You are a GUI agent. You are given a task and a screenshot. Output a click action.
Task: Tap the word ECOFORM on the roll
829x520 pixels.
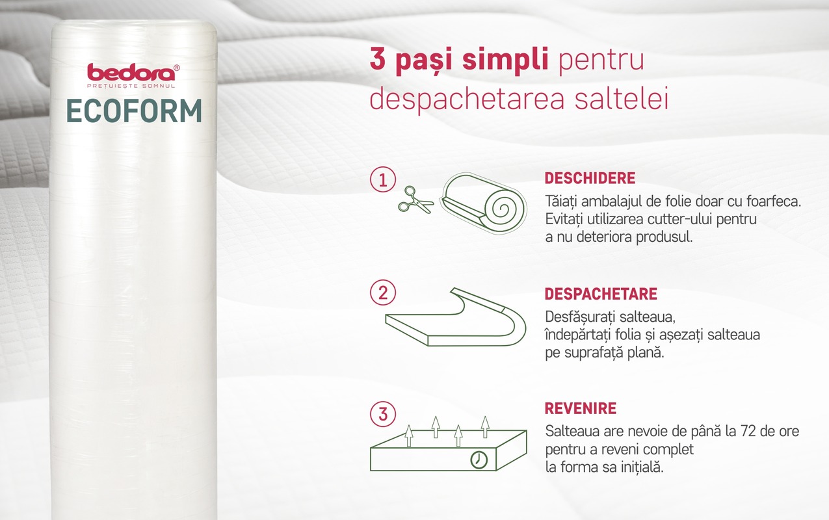coord(134,111)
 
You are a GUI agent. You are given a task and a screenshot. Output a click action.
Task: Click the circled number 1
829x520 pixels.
coord(383,179)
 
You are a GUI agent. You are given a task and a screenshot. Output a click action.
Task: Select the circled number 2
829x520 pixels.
coord(383,292)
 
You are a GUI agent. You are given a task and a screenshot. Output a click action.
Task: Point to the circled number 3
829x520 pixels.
coord(383,414)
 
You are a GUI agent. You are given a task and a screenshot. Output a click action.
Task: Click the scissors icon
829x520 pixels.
coord(415,200)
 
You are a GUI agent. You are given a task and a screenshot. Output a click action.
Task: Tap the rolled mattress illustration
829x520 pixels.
coord(483,203)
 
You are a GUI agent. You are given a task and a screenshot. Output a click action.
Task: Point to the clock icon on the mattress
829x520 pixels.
coord(479,460)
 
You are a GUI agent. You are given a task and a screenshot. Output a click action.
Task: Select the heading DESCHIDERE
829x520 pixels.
coord(590,178)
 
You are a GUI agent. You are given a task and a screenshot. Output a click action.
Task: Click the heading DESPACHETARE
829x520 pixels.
coord(601,294)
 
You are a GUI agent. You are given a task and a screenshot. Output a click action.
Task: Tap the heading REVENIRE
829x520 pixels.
coord(580,409)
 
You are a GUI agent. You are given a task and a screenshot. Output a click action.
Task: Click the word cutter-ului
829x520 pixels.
coord(680,219)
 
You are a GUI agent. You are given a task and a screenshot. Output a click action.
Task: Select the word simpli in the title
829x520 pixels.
coord(505,60)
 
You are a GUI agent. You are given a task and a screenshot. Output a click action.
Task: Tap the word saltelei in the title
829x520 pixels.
coord(622,98)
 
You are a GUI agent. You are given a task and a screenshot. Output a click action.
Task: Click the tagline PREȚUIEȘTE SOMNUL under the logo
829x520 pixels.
coord(131,86)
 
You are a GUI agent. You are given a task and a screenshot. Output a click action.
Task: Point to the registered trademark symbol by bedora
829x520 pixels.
coord(177,68)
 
